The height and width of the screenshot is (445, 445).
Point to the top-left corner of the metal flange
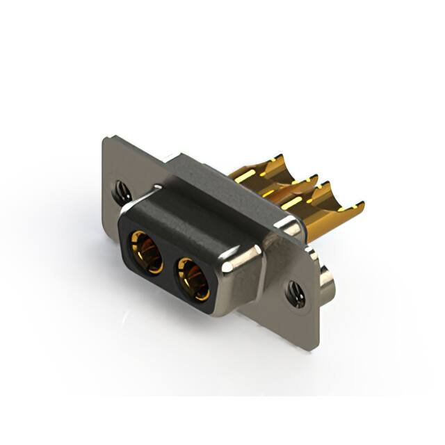click(105, 139)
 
